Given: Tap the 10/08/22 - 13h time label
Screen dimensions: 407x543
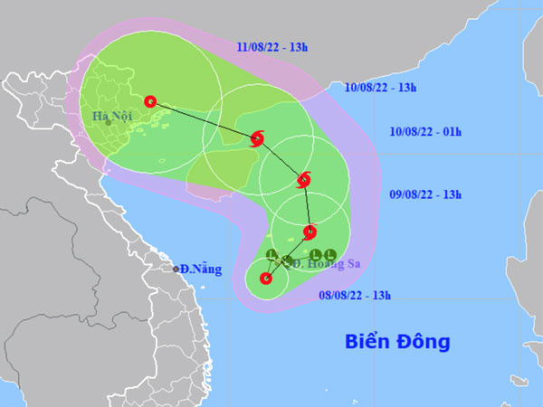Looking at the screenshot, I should [x=380, y=88].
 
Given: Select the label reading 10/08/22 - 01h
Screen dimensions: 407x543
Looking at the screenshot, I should [x=425, y=132].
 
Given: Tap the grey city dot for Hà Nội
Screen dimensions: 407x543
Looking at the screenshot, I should [x=108, y=122].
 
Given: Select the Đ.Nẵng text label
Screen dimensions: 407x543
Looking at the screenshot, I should [x=201, y=269].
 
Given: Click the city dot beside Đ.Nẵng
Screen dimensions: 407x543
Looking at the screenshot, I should [x=176, y=269].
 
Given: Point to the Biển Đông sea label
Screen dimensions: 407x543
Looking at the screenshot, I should [x=397, y=342].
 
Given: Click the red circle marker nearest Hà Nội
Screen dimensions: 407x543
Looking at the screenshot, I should [x=150, y=101].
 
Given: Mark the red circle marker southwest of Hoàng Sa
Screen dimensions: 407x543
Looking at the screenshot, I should [x=266, y=279].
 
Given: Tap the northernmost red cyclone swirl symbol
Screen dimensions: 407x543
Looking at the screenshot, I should [x=256, y=139].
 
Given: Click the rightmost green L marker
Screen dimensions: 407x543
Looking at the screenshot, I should [x=330, y=254].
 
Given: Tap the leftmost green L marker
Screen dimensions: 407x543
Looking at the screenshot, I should [x=271, y=254].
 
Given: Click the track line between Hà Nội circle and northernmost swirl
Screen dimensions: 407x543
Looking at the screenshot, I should [x=204, y=120].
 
